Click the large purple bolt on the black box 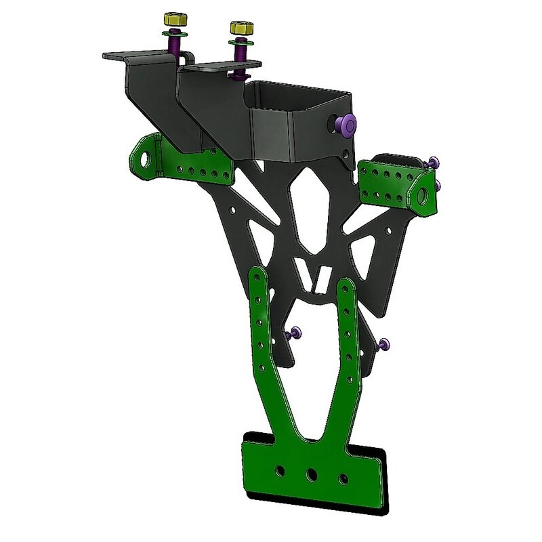click(346, 124)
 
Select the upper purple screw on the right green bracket click(434, 163)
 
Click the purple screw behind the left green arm click(296, 333)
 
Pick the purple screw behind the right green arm click(384, 344)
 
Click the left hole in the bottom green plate click(279, 469)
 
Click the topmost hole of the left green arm click(258, 278)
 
